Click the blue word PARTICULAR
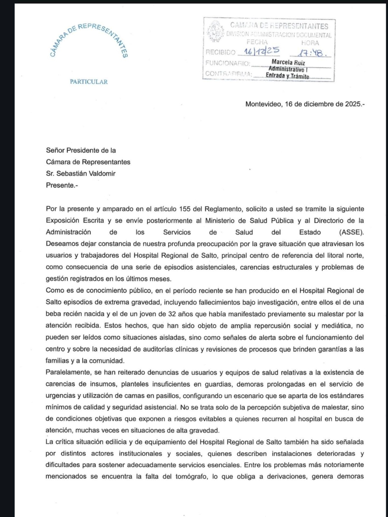click(89, 82)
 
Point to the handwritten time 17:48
click(310, 52)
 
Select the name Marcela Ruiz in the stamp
click(288, 62)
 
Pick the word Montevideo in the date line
click(263, 104)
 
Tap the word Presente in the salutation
click(60, 185)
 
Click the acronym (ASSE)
click(351, 232)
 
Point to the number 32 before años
click(172, 314)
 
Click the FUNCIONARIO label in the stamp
click(228, 63)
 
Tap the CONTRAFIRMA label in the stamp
click(228, 74)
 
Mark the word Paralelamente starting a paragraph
click(68, 372)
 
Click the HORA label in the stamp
click(310, 43)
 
